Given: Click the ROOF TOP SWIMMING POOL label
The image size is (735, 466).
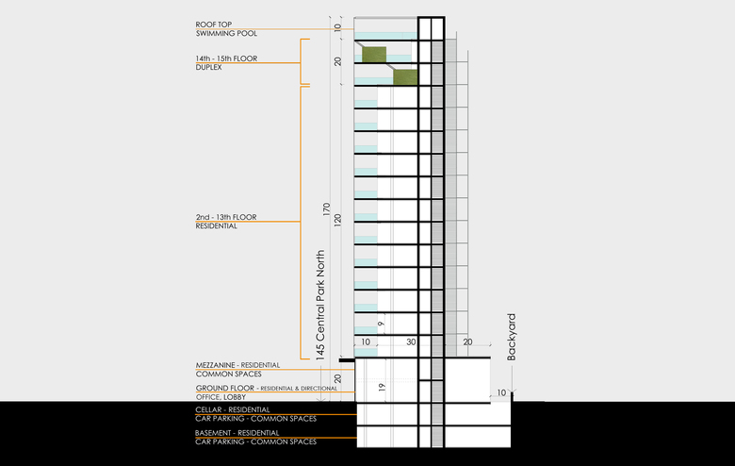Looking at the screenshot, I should [x=213, y=28].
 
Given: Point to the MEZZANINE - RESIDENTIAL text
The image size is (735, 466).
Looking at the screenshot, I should [x=237, y=364].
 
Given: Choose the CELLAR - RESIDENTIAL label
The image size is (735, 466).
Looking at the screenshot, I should [x=232, y=409].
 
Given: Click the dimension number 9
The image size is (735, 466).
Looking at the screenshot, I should [x=381, y=324].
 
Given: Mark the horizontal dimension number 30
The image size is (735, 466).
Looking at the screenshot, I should [x=411, y=341].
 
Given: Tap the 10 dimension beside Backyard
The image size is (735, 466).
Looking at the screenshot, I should [x=501, y=392].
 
